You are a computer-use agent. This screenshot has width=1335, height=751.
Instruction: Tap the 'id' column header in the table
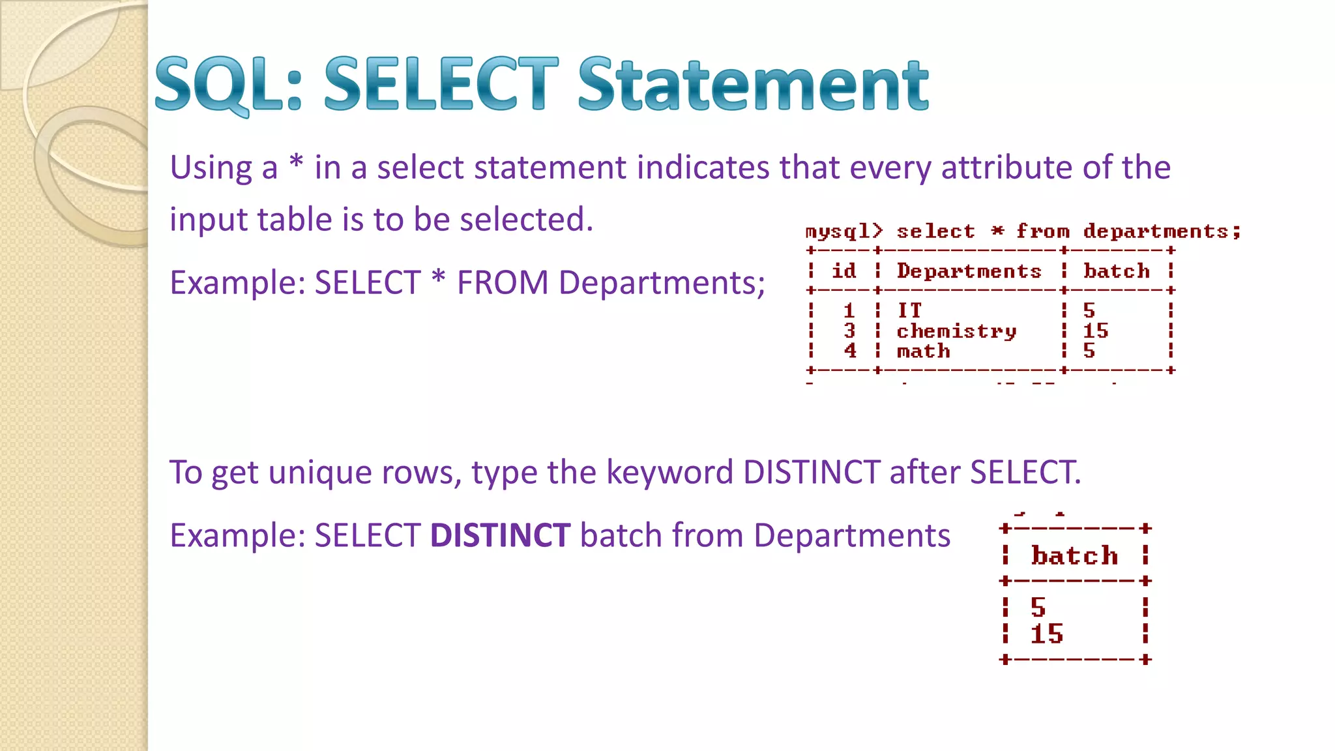[844, 271]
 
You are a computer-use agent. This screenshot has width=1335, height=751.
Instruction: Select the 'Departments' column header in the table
[969, 271]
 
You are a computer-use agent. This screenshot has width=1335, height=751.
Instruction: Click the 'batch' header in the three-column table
[1116, 271]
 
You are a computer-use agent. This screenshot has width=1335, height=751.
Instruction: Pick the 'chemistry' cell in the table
[956, 331]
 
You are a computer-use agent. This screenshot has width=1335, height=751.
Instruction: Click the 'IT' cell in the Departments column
[909, 310]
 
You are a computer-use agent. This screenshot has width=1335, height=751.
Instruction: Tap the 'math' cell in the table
[923, 351]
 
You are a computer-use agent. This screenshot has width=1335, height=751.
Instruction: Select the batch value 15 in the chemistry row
[1095, 331]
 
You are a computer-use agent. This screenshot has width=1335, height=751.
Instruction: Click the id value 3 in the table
[849, 331]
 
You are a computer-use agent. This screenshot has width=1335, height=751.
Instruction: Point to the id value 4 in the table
[849, 351]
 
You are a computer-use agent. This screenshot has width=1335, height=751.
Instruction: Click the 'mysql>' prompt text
[844, 231]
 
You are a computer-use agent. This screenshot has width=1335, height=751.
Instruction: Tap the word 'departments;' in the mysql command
[1162, 231]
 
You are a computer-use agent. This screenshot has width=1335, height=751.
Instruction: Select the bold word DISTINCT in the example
[500, 535]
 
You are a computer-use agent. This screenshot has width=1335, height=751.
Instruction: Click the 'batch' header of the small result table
[1074, 555]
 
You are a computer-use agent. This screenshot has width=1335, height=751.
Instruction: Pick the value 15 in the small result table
[1046, 634]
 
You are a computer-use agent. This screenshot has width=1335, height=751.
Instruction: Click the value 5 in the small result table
[1038, 608]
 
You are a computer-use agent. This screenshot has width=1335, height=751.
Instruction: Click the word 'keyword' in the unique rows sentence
[669, 472]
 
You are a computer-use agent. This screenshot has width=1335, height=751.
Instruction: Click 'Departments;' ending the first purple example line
[662, 283]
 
